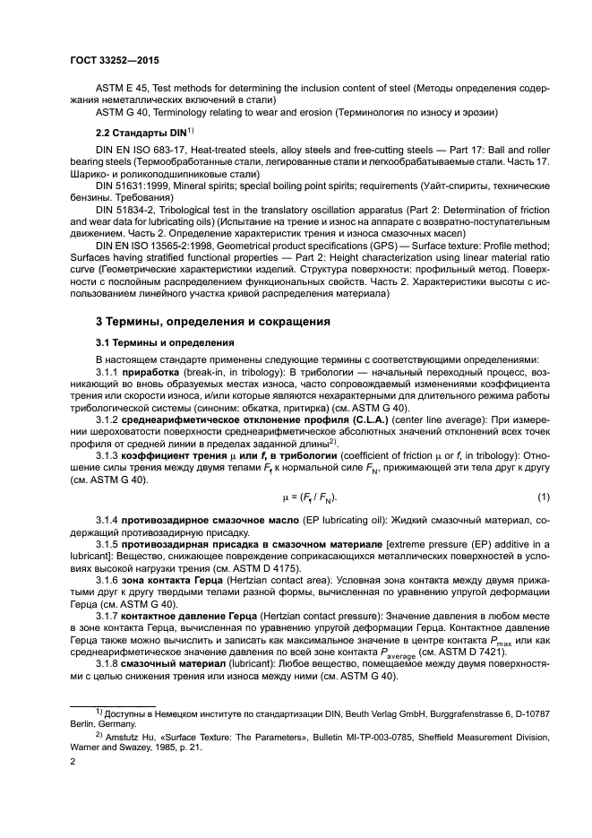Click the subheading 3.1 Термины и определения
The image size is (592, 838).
[x=160, y=342]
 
